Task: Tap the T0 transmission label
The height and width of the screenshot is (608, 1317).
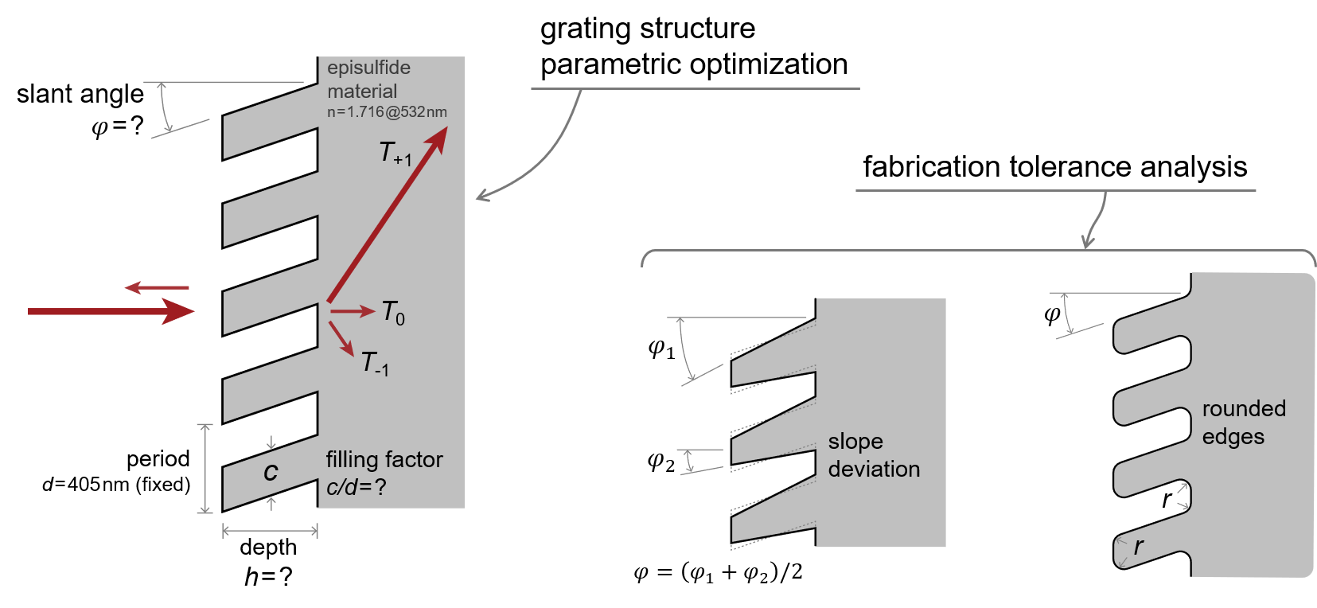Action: coord(393,312)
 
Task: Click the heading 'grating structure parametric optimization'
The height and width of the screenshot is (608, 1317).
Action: coord(693,47)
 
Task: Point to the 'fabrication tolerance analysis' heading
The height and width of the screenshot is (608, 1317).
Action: coord(1054,167)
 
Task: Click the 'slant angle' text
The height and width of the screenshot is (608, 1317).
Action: coord(80,94)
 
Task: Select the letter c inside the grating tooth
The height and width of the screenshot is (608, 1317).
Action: coord(271,472)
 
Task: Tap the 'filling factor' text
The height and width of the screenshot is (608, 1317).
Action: coord(384,459)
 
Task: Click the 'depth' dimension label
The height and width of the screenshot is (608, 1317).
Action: coord(268,548)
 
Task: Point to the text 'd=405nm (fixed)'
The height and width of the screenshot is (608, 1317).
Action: coord(116,485)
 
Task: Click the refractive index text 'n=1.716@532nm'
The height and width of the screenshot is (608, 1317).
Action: coord(387,112)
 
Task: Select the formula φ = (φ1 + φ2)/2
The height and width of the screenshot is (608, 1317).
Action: coord(718,572)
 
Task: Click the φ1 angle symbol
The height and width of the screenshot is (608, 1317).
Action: coord(661,349)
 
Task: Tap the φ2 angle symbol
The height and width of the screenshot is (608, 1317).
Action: coord(660,461)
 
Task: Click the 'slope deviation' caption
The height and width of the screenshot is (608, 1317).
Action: coord(873,455)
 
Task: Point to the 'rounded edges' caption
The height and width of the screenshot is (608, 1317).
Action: coord(1243,423)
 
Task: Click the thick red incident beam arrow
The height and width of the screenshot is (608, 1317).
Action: coord(111,311)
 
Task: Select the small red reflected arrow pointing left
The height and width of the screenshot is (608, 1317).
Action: coord(157,287)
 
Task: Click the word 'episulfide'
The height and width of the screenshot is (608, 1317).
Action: coord(368,68)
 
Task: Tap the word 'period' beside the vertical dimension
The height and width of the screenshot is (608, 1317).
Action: coord(158,458)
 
